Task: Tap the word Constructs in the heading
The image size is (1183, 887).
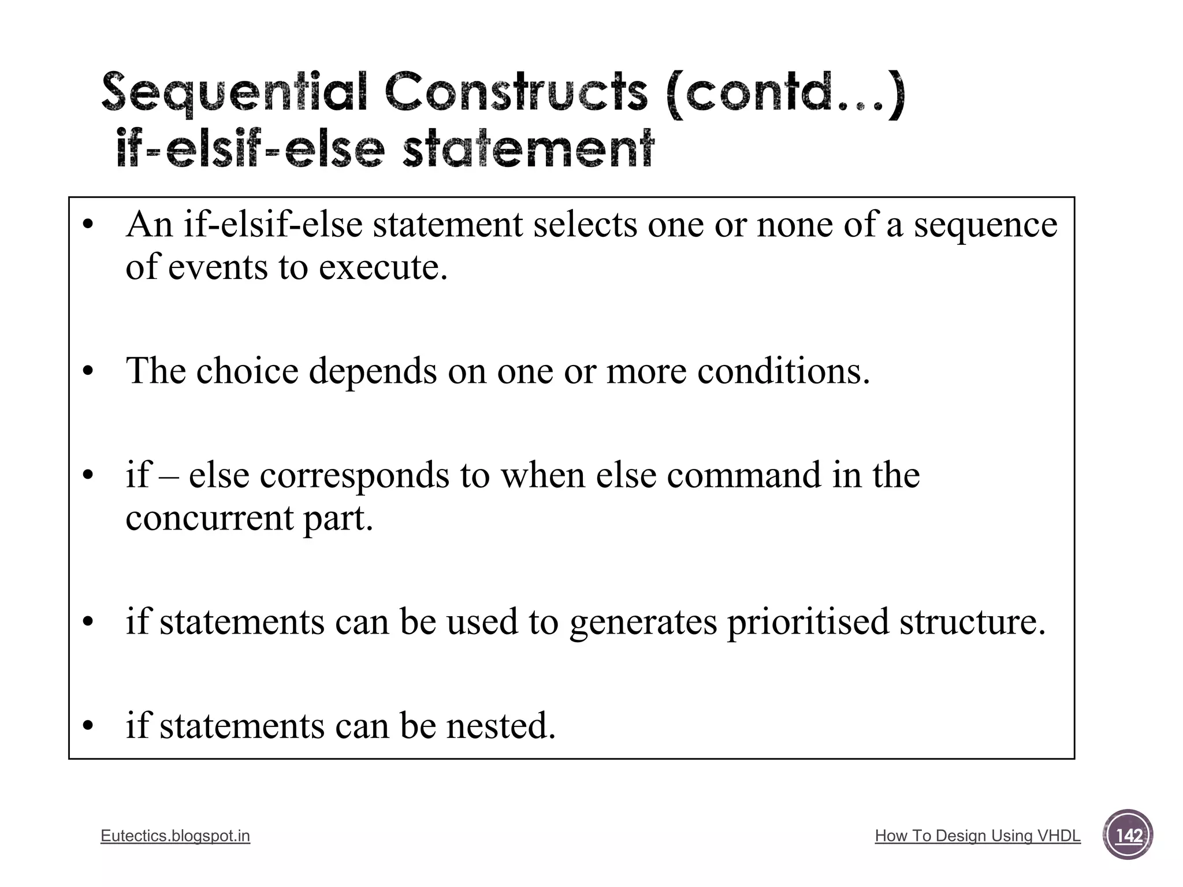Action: click(x=516, y=92)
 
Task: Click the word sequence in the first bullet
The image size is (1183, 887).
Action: click(x=985, y=226)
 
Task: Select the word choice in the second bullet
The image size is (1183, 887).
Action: click(x=247, y=370)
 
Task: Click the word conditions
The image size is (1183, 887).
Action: click(x=783, y=370)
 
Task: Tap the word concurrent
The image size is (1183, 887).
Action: click(x=209, y=518)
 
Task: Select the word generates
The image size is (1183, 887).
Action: click(x=643, y=623)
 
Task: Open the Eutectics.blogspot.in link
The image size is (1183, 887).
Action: click(x=175, y=836)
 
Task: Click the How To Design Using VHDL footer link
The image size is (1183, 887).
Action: click(x=977, y=836)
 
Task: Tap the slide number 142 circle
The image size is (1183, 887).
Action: click(x=1128, y=836)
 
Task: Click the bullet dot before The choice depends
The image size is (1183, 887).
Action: click(x=87, y=371)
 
